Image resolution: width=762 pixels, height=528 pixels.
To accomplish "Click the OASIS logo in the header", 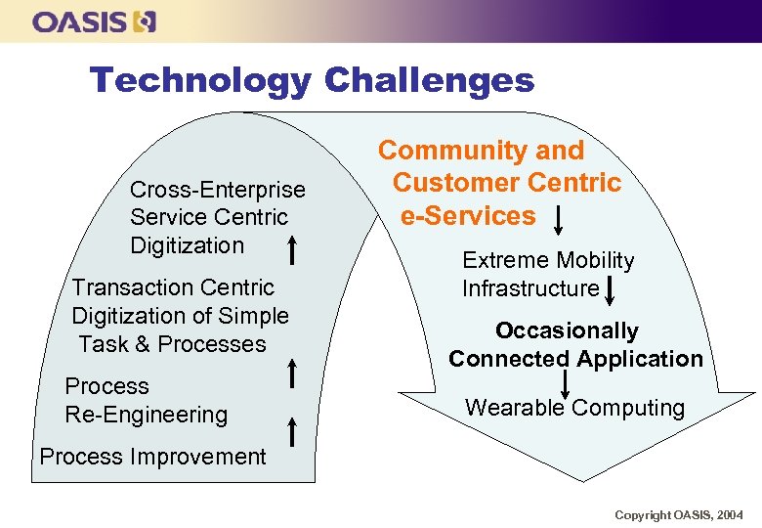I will pos(94,22).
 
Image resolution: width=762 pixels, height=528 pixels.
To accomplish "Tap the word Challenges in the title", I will pos(429,80).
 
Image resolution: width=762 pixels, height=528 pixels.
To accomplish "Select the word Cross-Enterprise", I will pos(217,190).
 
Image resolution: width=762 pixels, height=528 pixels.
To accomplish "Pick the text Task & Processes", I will pos(172,344).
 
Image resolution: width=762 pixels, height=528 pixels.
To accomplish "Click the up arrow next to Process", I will pos(292,373).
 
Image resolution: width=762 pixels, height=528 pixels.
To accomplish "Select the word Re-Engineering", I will pos(146,415).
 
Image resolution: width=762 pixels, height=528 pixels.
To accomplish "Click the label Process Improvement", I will pos(152,457).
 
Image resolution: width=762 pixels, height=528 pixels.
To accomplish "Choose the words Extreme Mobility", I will pos(547,260).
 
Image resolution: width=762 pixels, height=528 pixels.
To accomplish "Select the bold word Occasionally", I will pos(567,330).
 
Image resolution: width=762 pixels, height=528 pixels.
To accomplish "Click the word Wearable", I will pos(515,408).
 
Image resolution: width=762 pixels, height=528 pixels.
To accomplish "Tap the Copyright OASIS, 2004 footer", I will pos(678,514).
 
